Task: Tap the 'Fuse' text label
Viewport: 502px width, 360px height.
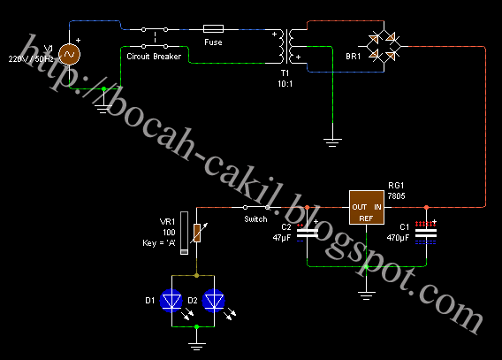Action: [x=213, y=42]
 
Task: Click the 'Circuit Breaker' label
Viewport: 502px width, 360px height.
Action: [x=155, y=54]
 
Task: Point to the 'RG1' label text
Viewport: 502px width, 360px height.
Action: [x=396, y=186]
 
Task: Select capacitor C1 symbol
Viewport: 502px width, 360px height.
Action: [x=426, y=232]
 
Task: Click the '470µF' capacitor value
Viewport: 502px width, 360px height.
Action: [x=398, y=237]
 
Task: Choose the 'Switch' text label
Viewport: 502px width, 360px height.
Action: [x=256, y=218]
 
